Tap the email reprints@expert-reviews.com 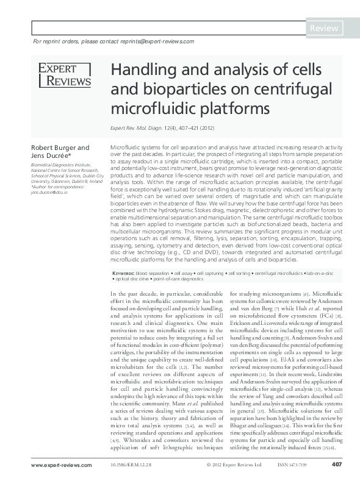(156, 41)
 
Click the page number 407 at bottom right (336, 465)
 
